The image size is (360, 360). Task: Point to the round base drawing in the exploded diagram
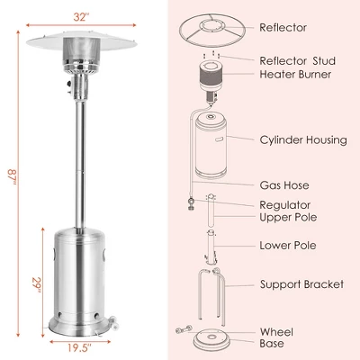(209, 338)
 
